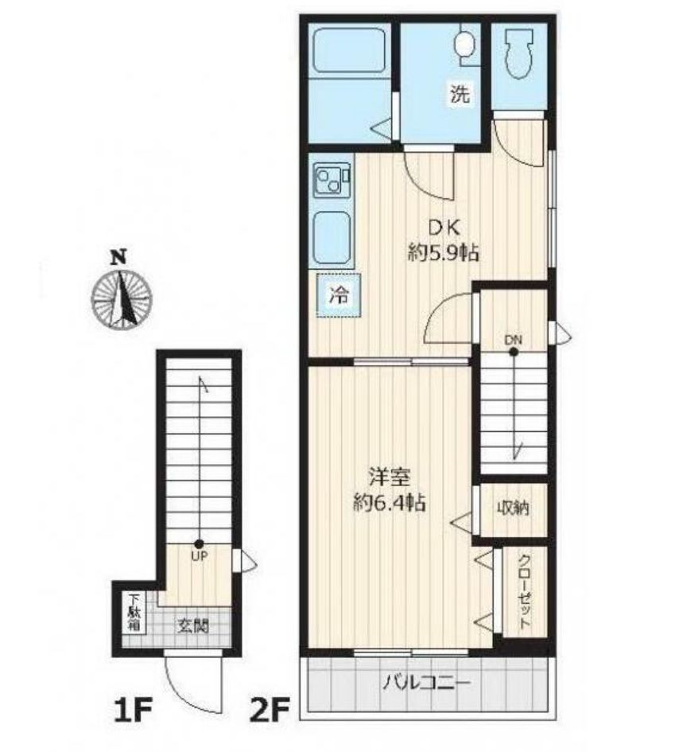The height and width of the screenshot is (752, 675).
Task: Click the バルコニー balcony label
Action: (x=425, y=683)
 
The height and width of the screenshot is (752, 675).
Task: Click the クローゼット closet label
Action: (x=524, y=590)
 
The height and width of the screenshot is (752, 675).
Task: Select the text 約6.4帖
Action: (x=388, y=503)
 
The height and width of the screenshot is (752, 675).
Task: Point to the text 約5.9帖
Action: (x=443, y=253)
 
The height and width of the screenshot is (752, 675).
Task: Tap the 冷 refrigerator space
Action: (x=339, y=296)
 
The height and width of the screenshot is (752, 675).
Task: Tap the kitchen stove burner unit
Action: (x=332, y=181)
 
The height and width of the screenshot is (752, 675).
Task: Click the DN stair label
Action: (x=514, y=341)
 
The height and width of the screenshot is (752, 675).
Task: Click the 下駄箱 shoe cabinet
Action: (x=133, y=614)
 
